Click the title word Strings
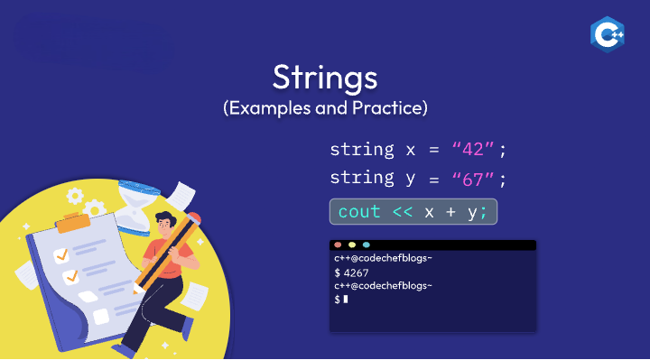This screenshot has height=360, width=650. point(325,77)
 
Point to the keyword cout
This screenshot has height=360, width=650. point(359,212)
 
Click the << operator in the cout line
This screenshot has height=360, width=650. point(404,212)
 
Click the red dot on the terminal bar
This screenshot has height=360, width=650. point(338,245)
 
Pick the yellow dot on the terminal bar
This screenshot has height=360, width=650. point(351,245)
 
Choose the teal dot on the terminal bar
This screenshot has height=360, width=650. point(366,245)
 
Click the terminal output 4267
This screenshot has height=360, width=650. point(354,272)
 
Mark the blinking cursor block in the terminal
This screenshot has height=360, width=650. point(345,299)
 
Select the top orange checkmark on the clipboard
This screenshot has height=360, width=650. point(60,256)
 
